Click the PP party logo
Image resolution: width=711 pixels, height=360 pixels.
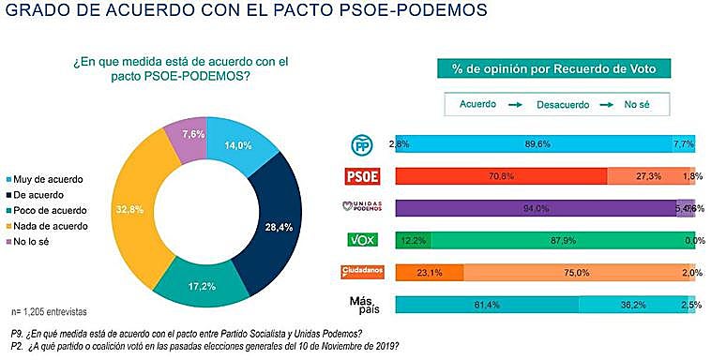tap(361, 143)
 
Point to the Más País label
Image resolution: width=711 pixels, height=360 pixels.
tap(361, 305)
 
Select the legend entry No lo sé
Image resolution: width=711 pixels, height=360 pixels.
tap(38, 242)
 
